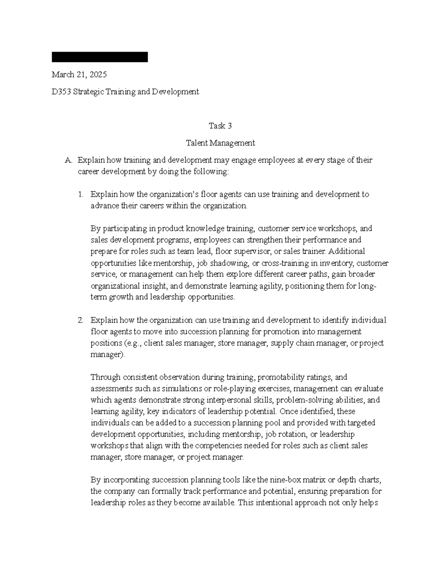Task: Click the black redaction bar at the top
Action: (100, 57)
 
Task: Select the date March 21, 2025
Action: (79, 75)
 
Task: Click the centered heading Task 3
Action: (220, 126)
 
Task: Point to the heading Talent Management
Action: (220, 143)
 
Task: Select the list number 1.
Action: (81, 195)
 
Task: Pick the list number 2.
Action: (81, 320)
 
